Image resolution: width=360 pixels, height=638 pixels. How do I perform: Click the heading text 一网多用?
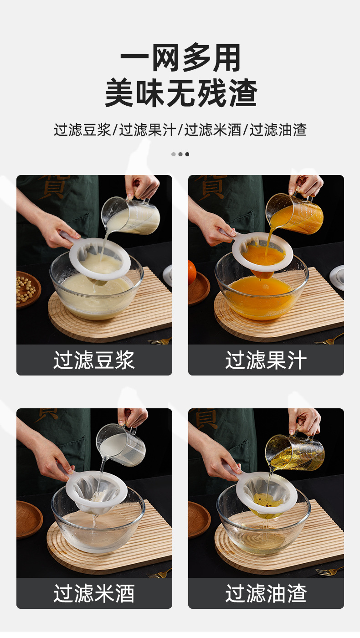point(180,58)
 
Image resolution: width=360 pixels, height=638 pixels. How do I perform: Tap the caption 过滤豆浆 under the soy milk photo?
point(94,360)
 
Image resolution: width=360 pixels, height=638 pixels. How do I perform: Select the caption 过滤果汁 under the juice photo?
point(266,360)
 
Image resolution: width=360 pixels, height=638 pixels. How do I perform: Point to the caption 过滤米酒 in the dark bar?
point(94,593)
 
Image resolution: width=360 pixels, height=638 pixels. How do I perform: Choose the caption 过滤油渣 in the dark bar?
point(266,593)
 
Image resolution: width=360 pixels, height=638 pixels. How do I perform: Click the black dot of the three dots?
point(187,154)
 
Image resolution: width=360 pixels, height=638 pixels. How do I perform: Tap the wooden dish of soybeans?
point(28,289)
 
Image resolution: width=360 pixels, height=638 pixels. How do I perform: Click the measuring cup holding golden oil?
point(295,452)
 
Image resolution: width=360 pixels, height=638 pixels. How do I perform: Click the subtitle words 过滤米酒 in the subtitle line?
point(213,130)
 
